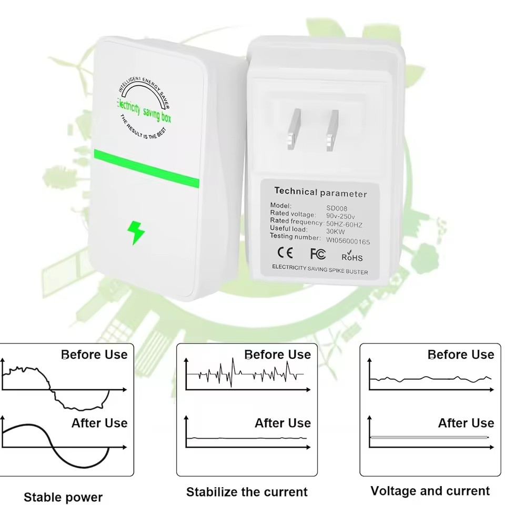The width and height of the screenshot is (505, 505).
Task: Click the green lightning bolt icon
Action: [x=136, y=233]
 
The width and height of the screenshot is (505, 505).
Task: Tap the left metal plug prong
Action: [x=293, y=129]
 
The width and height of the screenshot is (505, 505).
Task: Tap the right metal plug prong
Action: [x=332, y=130]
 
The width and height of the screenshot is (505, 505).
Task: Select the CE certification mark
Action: [x=285, y=252]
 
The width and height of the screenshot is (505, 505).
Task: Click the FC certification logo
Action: [x=318, y=254]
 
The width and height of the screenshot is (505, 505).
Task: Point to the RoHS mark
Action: [x=352, y=256]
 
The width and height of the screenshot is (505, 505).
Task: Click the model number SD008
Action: [x=337, y=208]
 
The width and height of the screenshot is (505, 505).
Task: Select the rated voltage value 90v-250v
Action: [x=340, y=216]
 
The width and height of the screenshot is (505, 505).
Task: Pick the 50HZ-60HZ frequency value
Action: [x=344, y=224]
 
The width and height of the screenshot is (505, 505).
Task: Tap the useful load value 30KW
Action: [x=335, y=231]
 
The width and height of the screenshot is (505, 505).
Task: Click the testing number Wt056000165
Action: [x=348, y=241]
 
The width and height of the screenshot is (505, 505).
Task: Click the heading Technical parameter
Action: [x=320, y=193]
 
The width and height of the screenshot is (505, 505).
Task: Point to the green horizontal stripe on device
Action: [x=147, y=168]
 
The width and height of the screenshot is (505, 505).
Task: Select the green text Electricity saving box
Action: [x=144, y=111]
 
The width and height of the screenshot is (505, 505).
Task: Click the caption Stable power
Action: [x=63, y=497]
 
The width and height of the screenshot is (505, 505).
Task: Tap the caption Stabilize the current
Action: [x=247, y=492]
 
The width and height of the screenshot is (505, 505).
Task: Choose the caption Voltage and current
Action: [x=430, y=491]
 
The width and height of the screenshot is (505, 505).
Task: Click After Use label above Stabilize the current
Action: [x=283, y=423]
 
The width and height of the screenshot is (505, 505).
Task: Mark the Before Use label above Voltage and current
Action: [x=461, y=355]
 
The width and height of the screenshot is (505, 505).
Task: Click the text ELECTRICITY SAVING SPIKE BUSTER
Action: [x=320, y=269]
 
